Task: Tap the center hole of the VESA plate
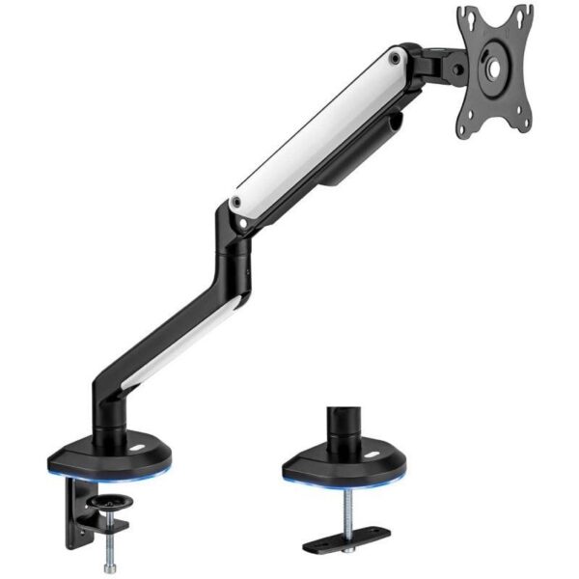(495, 69)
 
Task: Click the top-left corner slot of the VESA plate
(468, 16)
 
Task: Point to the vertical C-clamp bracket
(73, 511)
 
